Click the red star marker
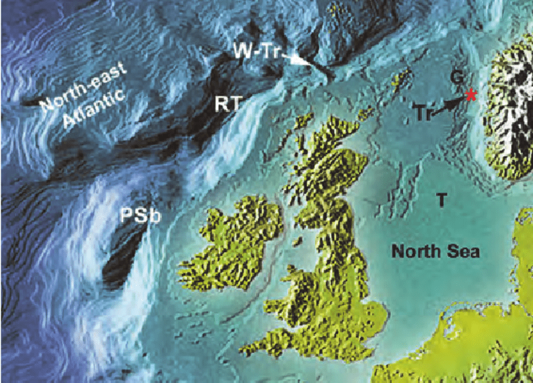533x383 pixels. point(470,96)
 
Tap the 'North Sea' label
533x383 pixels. point(435,252)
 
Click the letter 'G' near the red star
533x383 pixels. point(458,76)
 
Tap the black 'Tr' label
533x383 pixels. point(424,113)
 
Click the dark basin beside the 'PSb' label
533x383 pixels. point(122,257)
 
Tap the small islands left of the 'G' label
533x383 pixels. point(400,80)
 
